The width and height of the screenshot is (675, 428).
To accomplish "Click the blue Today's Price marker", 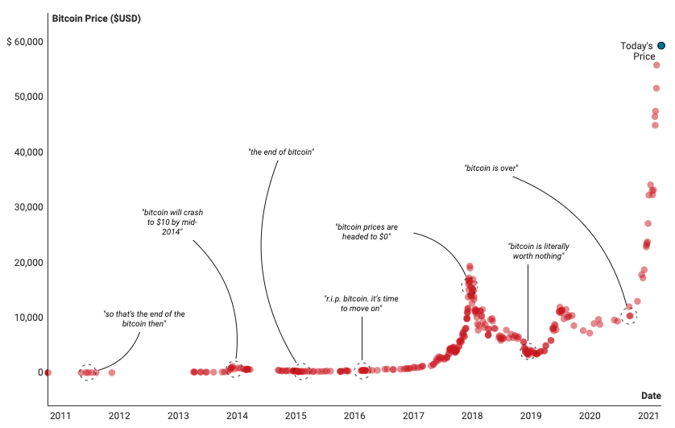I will click(x=661, y=46).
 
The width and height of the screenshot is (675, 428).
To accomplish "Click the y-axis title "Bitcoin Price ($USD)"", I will click(x=96, y=18).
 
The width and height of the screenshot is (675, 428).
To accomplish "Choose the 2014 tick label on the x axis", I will click(x=237, y=416).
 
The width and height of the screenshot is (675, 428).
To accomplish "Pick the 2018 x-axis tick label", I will click(x=472, y=416).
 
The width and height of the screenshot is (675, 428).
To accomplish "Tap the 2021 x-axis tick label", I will click(x=649, y=416).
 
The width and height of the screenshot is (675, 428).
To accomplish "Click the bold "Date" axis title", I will click(x=651, y=396).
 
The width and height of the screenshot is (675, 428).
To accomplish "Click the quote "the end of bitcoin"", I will click(x=280, y=152).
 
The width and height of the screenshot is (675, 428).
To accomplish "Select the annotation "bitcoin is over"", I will click(x=491, y=168).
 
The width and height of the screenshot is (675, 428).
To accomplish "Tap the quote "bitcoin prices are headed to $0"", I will click(x=366, y=232).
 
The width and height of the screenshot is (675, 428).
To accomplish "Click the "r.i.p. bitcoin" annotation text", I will click(x=361, y=303).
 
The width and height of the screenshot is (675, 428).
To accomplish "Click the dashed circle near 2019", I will click(x=528, y=351).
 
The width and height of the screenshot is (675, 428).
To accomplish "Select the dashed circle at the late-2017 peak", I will click(x=469, y=285).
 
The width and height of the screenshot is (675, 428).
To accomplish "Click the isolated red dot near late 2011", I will click(x=112, y=372).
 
